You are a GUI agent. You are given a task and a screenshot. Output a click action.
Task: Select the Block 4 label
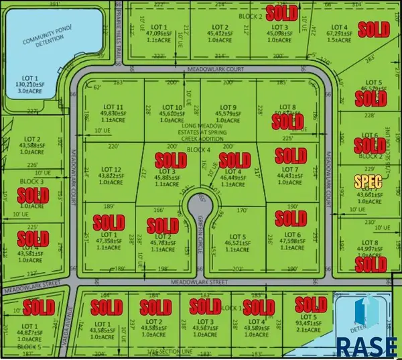[197, 149]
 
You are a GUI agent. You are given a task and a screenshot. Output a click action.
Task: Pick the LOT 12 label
[111, 170]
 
